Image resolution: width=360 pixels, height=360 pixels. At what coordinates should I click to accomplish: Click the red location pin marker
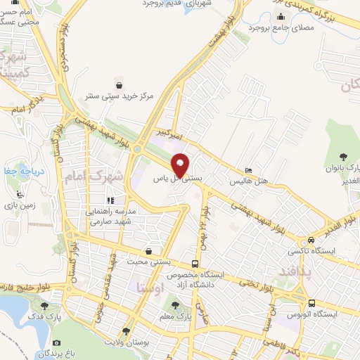pyautogui.click(x=181, y=165)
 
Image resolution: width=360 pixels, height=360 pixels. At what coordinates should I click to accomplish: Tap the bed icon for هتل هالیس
pyautogui.click(x=248, y=171)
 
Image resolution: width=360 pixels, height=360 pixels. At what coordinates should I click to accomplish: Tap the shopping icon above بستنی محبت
pyautogui.click(x=148, y=251)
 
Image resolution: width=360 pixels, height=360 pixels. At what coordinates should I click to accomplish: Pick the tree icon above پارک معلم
pyautogui.click(x=175, y=305)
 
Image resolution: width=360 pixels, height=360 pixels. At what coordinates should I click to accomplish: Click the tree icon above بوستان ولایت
pyautogui.click(x=126, y=331)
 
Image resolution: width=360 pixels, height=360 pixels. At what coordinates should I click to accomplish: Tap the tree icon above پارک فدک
pyautogui.click(x=46, y=306)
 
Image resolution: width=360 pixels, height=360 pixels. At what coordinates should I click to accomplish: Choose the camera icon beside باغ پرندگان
pyautogui.click(x=56, y=342)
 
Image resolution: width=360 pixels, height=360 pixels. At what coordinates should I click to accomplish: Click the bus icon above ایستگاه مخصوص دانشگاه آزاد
pyautogui.click(x=204, y=263)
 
